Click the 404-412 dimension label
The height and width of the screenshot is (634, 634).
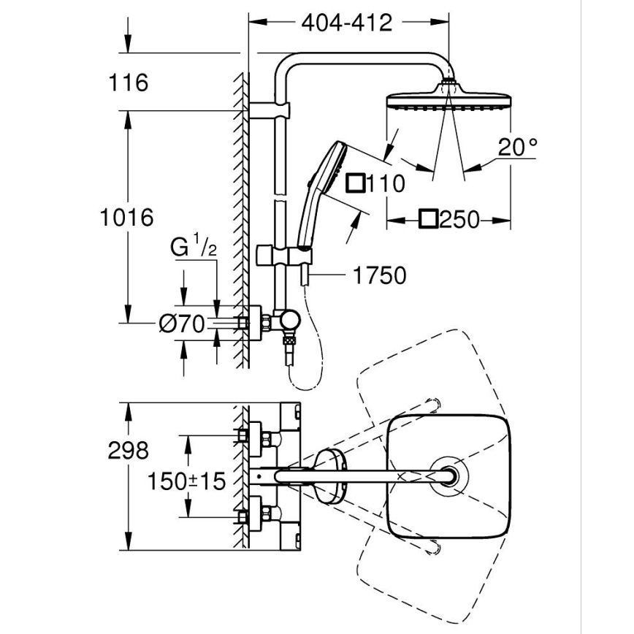click(x=347, y=23)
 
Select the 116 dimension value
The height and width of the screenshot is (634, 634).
click(x=128, y=83)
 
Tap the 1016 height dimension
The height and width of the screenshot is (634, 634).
click(x=127, y=217)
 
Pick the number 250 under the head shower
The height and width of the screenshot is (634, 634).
click(x=459, y=218)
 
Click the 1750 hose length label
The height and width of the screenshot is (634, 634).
click(x=378, y=275)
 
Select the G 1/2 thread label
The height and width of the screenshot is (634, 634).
click(x=194, y=248)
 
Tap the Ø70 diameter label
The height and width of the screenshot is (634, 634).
click(x=180, y=323)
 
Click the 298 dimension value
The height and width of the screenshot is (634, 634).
click(x=127, y=450)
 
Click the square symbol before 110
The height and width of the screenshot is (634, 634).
click(x=356, y=183)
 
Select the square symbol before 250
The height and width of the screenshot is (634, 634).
click(x=428, y=218)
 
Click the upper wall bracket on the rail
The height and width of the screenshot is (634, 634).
click(x=273, y=110)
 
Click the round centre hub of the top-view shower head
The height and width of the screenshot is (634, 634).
click(x=446, y=475)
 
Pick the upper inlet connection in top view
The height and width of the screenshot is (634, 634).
click(x=255, y=437)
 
